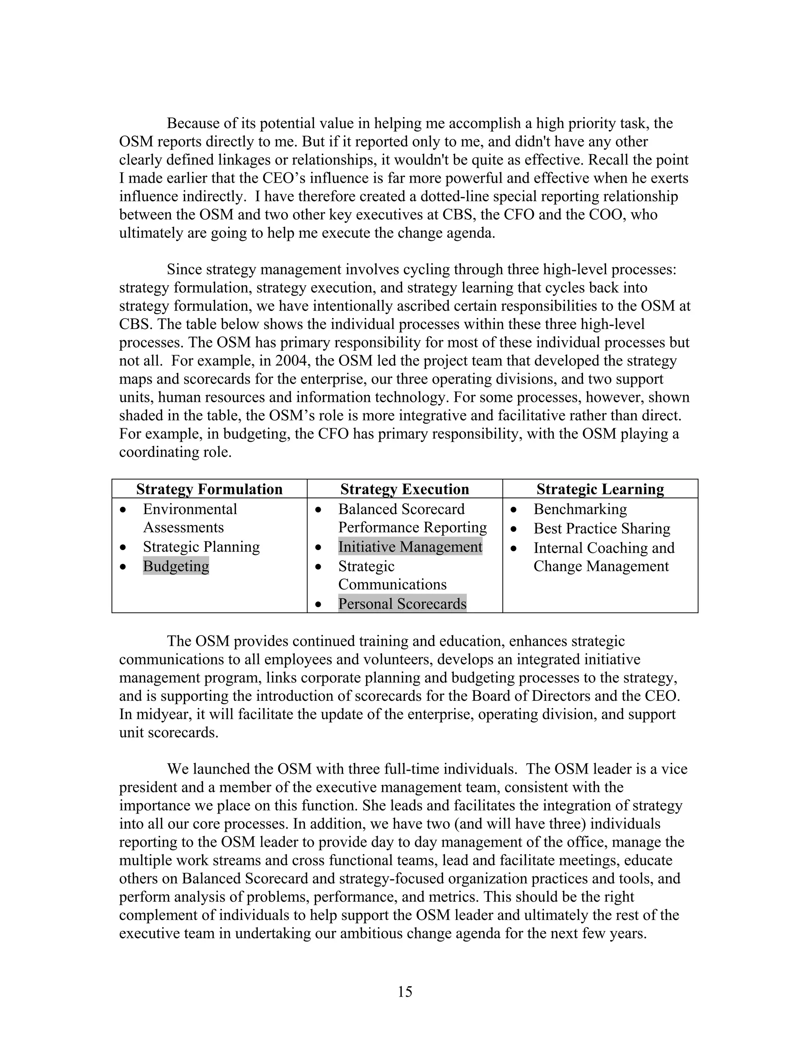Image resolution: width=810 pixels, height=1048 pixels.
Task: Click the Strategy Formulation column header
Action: coord(209,489)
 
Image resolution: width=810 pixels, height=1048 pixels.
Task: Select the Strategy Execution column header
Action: coord(405,489)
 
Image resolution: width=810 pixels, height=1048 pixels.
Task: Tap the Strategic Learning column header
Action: coord(600,489)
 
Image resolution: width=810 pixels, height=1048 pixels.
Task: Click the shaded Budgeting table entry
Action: coord(176,566)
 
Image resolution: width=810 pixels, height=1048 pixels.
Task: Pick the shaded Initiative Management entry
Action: coord(410,547)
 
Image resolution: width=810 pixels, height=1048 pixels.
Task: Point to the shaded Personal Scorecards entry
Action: coord(402,603)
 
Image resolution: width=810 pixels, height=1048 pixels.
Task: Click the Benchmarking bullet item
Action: coord(580,509)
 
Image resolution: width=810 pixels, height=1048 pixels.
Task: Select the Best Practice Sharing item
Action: coord(601,528)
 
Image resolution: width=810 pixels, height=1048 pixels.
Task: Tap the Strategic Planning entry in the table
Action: coord(201,547)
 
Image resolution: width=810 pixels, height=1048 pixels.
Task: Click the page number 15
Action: coord(405,991)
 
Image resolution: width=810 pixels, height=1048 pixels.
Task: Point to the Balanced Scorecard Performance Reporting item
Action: coord(412,518)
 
